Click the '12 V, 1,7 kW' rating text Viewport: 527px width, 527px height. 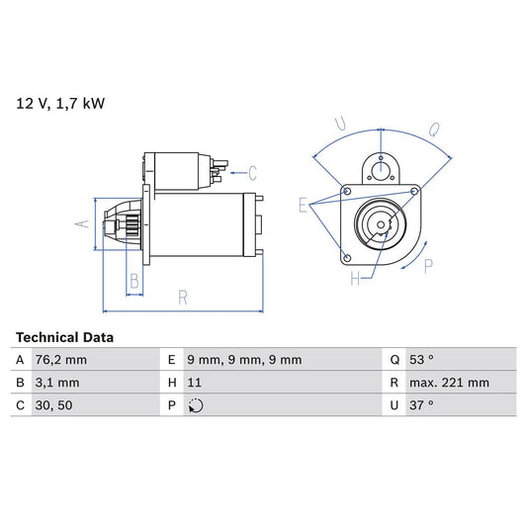click(59, 102)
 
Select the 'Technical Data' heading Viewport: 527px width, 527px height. click(64, 337)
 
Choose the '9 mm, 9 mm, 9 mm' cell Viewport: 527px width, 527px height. click(243, 360)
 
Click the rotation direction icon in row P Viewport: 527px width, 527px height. click(195, 405)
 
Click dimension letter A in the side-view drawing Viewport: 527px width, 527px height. click(83, 224)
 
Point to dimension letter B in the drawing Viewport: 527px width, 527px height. click(134, 281)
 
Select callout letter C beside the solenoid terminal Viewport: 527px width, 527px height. click(252, 172)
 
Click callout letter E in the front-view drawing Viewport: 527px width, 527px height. click(304, 205)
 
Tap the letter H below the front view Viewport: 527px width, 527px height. click(354, 280)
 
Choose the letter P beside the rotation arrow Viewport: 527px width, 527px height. click(427, 264)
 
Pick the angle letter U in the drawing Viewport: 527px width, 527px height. click(339, 124)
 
